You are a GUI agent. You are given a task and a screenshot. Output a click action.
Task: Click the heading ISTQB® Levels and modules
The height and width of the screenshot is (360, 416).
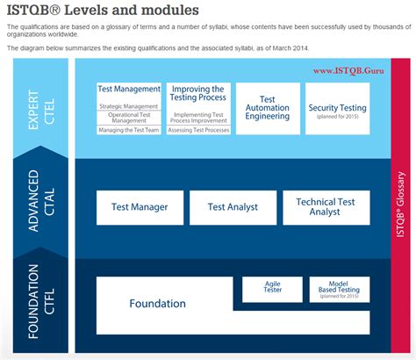[102, 11]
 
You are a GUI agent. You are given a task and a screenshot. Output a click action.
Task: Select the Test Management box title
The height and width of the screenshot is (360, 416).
[129, 90]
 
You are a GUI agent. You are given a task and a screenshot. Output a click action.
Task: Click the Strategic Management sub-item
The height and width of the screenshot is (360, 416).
[129, 105]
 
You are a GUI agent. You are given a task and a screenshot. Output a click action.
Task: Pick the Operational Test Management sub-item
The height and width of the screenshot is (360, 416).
[129, 118]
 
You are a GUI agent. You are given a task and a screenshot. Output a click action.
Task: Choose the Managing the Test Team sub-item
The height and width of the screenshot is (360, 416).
[129, 130]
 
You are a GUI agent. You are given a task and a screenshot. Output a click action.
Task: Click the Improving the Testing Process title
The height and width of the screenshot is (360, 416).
[198, 94]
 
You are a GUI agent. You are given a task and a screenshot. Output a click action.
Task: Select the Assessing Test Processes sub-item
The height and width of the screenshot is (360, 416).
[198, 129]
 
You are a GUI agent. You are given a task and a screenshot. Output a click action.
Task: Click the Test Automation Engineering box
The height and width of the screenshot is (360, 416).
[268, 108]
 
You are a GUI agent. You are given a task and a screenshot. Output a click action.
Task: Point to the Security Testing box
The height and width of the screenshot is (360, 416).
[337, 109]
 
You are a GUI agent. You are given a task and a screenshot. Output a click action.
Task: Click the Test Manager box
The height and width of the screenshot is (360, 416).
[139, 207]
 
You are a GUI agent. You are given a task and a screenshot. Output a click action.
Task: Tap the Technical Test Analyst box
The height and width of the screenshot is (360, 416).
[325, 207]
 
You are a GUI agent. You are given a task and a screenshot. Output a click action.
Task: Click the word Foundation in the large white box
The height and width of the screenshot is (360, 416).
[157, 304]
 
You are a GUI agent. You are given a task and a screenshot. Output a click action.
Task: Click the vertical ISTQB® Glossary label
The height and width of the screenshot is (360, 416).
[402, 212]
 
